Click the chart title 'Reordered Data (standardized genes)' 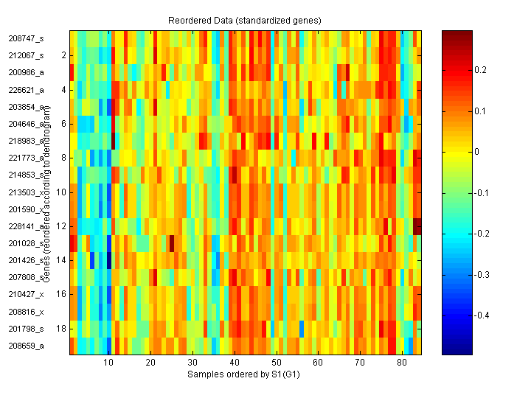point(246,18)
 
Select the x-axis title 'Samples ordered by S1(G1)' point(243,374)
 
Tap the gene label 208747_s point(26,38)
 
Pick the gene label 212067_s point(26,55)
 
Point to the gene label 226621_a point(26,90)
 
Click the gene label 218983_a point(26,141)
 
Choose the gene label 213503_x point(26,192)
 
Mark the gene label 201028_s point(26,243)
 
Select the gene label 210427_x point(26,294)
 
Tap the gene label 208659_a point(26,345)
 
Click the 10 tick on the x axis point(108,363)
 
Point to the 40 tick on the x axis point(234,363)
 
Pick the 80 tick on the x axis point(401,363)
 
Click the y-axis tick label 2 point(63,55)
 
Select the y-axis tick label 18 point(62,328)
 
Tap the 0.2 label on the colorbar point(482,70)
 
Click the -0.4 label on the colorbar point(483,315)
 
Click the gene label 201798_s point(26,328)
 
